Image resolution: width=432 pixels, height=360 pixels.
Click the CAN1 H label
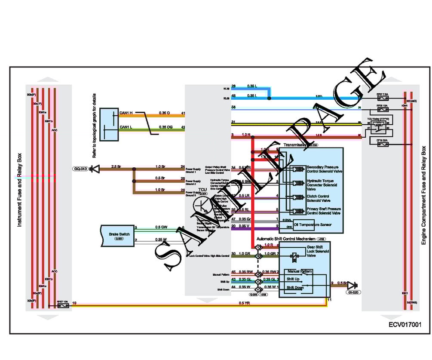126,114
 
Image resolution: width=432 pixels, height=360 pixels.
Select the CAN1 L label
126,127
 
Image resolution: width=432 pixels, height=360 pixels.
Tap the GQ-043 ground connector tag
80,169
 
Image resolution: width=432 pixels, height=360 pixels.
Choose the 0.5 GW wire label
161,227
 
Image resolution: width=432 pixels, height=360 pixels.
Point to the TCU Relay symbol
378,125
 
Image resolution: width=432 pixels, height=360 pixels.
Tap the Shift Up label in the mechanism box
294,279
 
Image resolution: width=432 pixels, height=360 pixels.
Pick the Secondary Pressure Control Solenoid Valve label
325,169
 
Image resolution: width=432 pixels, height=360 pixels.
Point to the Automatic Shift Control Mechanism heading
285,238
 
